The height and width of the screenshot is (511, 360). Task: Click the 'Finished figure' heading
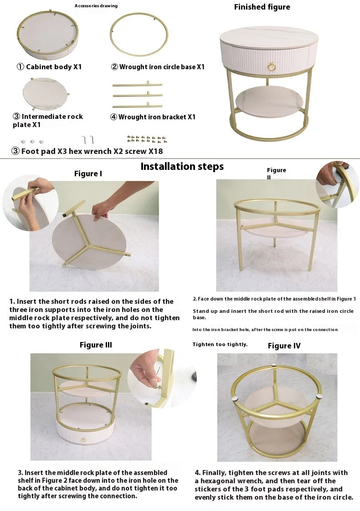pyautogui.click(x=262, y=7)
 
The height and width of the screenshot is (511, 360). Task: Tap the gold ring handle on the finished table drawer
pyautogui.click(x=272, y=67)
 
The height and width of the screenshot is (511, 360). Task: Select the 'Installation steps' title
pyautogui.click(x=182, y=167)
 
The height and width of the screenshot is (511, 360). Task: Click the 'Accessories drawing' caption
pyautogui.click(x=96, y=5)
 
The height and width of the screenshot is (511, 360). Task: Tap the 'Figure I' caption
pyautogui.click(x=88, y=174)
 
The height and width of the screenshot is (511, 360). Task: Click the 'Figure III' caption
pyautogui.click(x=96, y=345)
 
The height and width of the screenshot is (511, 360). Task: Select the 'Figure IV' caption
pyautogui.click(x=284, y=346)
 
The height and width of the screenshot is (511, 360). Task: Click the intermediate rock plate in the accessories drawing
pyautogui.click(x=46, y=93)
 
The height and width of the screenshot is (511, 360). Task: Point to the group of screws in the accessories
pyautogui.click(x=147, y=139)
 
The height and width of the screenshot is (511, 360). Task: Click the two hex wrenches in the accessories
pyautogui.click(x=88, y=140)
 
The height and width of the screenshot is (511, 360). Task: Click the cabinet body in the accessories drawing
pyautogui.click(x=47, y=35)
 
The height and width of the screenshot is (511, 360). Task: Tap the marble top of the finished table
pyautogui.click(x=269, y=37)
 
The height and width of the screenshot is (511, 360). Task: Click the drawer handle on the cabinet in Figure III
pyautogui.click(x=84, y=440)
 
